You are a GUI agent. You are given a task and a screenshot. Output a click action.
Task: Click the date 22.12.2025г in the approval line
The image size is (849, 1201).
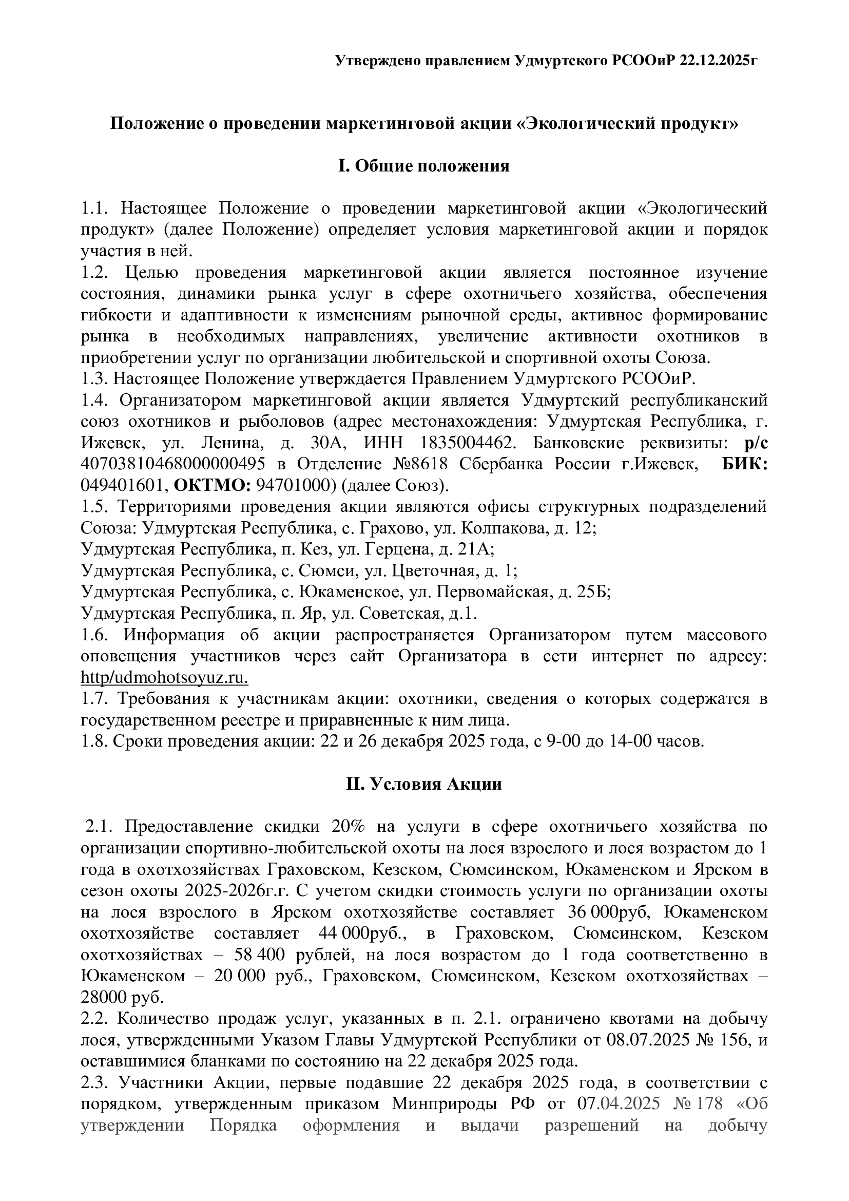click(719, 61)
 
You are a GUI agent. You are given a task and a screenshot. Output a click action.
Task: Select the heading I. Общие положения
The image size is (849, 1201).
click(424, 166)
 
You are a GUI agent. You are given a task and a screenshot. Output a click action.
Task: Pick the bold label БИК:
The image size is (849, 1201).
click(744, 464)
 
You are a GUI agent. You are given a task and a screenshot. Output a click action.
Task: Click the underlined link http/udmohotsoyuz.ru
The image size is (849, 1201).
click(164, 677)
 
